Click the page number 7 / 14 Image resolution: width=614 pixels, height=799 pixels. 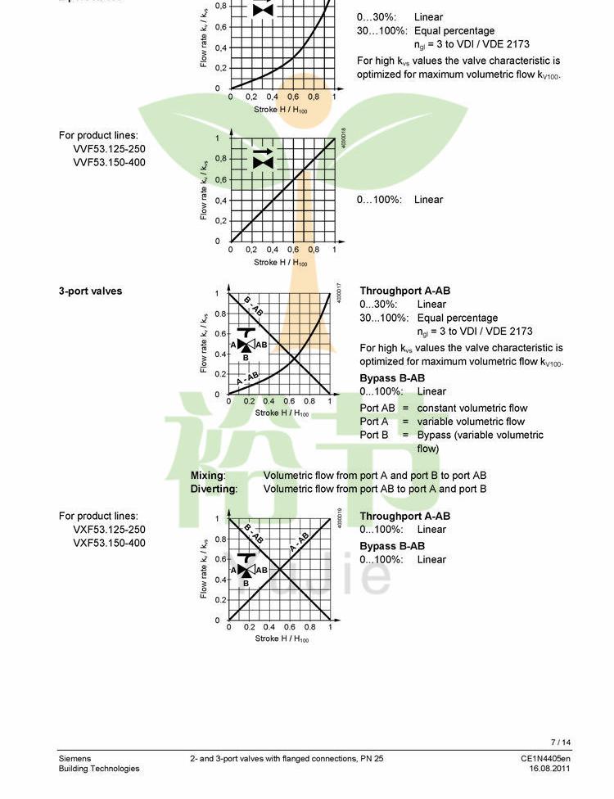pos(561,743)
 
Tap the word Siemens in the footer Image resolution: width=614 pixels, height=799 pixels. pos(74,759)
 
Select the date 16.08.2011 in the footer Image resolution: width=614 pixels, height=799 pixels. pos(549,769)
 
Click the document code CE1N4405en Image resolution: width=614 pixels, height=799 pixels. pos(545,759)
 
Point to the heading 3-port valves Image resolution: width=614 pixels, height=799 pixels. pos(90,291)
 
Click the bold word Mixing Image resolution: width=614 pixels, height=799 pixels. pos(208,475)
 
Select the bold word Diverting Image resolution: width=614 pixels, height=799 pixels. pos(214,489)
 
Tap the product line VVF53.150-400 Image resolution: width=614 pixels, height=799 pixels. pos(109,162)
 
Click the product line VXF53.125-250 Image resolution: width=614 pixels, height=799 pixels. pos(109,530)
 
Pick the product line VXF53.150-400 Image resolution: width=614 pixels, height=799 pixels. pos(109,543)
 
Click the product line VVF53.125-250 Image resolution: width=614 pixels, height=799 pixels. pos(109,149)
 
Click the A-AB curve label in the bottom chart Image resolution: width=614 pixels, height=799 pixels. pos(299,542)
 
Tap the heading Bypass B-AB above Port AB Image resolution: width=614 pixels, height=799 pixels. pos(392,378)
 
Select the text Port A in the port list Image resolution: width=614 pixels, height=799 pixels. pos(374,422)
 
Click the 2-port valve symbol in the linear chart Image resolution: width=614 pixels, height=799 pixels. pos(263,158)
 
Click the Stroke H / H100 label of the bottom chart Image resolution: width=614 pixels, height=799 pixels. pos(282,639)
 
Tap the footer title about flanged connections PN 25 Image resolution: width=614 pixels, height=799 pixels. pos(287,759)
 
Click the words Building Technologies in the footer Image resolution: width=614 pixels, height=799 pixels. pos(98,769)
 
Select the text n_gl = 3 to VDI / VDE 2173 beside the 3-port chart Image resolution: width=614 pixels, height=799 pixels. pos(474,332)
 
